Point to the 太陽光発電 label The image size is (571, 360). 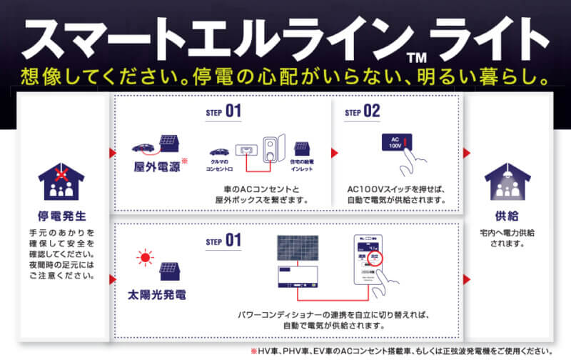tap(157, 294)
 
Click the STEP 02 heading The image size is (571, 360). tap(363, 111)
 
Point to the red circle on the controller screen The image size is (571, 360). tap(377, 259)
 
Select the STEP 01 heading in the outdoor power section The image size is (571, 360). tap(223, 111)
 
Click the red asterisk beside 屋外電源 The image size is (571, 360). tap(184, 162)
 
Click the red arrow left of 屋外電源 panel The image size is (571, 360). tap(112, 153)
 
